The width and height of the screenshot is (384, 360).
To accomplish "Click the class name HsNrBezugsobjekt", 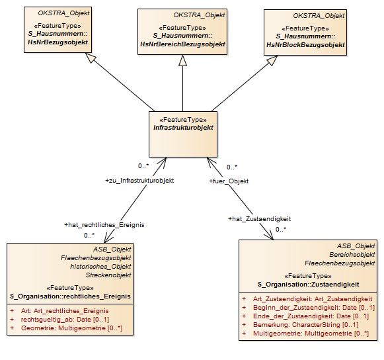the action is [x=58, y=42].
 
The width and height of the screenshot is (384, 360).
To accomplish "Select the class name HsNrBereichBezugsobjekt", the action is [x=182, y=44].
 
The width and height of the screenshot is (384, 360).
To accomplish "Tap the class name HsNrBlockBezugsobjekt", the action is [x=305, y=45].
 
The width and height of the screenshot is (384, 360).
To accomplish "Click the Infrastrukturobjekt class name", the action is [x=183, y=128].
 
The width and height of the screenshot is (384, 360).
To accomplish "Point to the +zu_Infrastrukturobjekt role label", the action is [x=139, y=181].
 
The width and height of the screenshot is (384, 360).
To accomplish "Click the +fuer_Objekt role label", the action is [x=229, y=181].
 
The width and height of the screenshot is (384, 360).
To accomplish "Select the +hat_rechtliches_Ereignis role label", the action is [x=104, y=225].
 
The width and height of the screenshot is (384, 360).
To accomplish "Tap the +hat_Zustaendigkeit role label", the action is [x=259, y=219].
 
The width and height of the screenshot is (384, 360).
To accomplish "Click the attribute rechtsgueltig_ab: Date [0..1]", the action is [x=65, y=319].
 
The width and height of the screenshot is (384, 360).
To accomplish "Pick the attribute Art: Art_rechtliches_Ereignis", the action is [x=65, y=311].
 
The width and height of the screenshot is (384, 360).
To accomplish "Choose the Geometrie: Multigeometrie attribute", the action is [x=71, y=328].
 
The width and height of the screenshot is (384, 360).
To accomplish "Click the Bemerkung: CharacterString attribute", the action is [x=305, y=325].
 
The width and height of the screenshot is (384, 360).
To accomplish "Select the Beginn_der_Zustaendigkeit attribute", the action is [x=314, y=308].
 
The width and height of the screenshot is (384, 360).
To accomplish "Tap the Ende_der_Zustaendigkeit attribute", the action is [x=311, y=316].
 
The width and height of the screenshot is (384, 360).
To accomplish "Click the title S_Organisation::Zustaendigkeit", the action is [x=309, y=285].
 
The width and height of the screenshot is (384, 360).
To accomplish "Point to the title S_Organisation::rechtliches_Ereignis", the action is [x=70, y=296].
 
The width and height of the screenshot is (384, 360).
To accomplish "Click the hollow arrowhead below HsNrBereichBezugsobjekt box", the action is [x=182, y=61].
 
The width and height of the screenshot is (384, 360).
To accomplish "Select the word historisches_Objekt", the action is [x=100, y=266].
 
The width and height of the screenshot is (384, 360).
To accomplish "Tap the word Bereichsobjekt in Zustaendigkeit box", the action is [x=352, y=255].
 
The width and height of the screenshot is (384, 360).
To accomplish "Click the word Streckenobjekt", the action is [x=108, y=275].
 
